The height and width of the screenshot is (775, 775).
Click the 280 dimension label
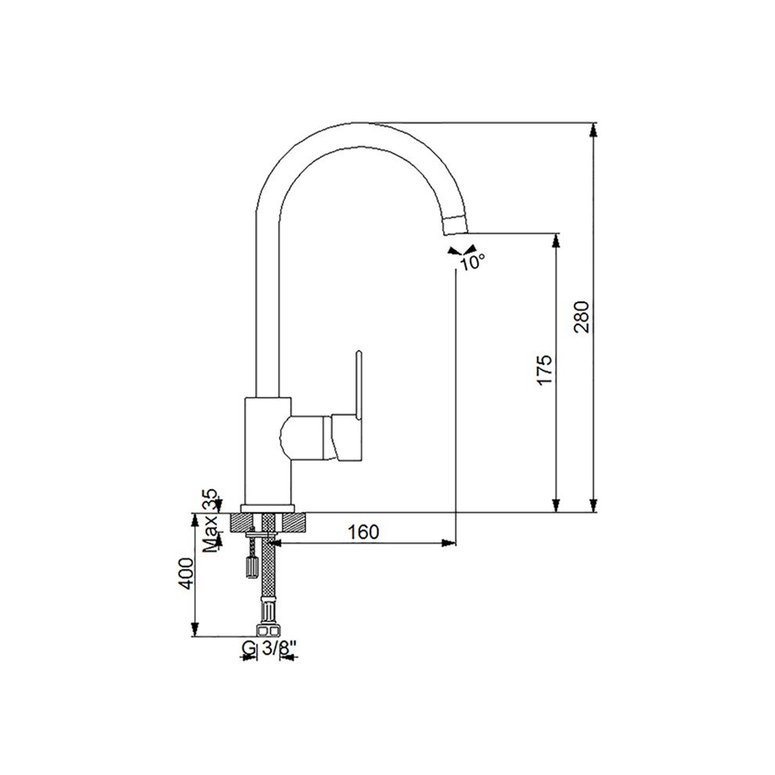click(582, 317)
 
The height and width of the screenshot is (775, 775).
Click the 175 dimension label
click(544, 369)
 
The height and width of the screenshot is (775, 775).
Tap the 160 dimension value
click(364, 532)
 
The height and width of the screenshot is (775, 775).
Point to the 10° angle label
click(473, 262)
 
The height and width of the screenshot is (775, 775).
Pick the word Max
click(211, 533)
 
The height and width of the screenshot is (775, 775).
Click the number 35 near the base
click(211, 500)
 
